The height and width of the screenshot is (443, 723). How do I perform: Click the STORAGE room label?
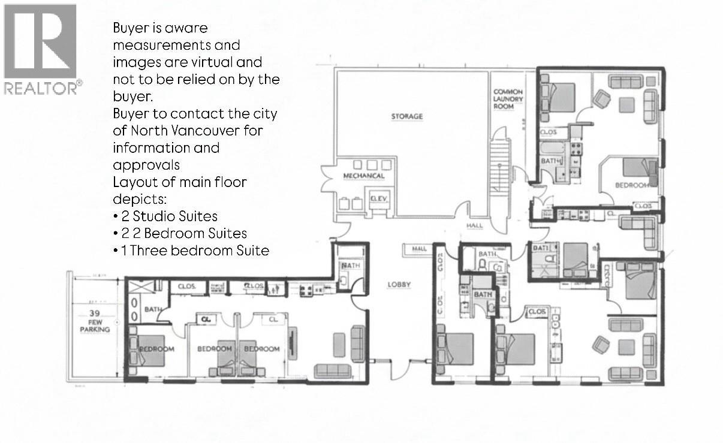point(407,116)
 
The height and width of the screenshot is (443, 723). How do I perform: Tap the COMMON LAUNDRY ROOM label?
point(508,99)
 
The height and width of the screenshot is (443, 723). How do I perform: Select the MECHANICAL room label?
point(363,176)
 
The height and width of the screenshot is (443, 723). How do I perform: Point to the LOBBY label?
point(399,285)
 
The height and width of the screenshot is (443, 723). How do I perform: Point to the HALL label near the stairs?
point(474,226)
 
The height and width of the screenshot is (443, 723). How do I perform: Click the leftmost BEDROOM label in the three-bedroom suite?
point(156,349)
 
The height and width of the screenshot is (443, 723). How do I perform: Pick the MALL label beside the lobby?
point(419,249)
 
